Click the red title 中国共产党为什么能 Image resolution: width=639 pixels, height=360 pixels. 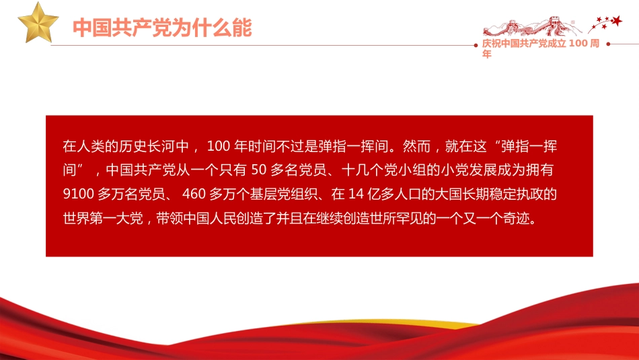click(162, 28)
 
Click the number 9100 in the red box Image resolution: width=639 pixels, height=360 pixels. click(77, 195)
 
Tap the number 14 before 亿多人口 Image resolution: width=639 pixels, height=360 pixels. click(356, 195)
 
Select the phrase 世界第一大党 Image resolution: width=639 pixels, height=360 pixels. click(100, 220)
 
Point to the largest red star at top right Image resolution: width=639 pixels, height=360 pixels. click(616, 22)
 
